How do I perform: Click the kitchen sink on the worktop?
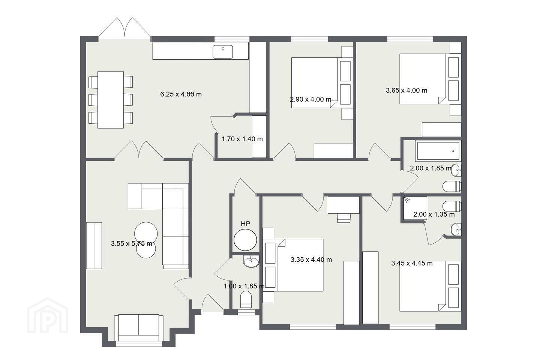223,52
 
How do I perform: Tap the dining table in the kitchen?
110,100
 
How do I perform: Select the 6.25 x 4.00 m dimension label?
181,94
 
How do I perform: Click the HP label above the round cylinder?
245,224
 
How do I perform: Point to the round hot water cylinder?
245,240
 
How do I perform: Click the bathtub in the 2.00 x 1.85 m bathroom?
438,151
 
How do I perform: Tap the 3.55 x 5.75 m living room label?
131,243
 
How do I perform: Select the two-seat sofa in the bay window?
139,328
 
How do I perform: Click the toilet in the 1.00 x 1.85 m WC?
246,300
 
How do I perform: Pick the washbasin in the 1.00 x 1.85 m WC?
251,261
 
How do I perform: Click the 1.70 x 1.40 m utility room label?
242,139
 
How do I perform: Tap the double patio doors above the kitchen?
125,28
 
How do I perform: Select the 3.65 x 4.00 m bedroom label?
406,90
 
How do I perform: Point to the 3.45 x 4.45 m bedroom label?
412,263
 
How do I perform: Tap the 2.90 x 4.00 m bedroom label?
310,99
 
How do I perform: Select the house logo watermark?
48,315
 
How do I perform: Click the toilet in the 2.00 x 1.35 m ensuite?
452,206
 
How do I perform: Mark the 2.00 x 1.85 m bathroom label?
430,168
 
